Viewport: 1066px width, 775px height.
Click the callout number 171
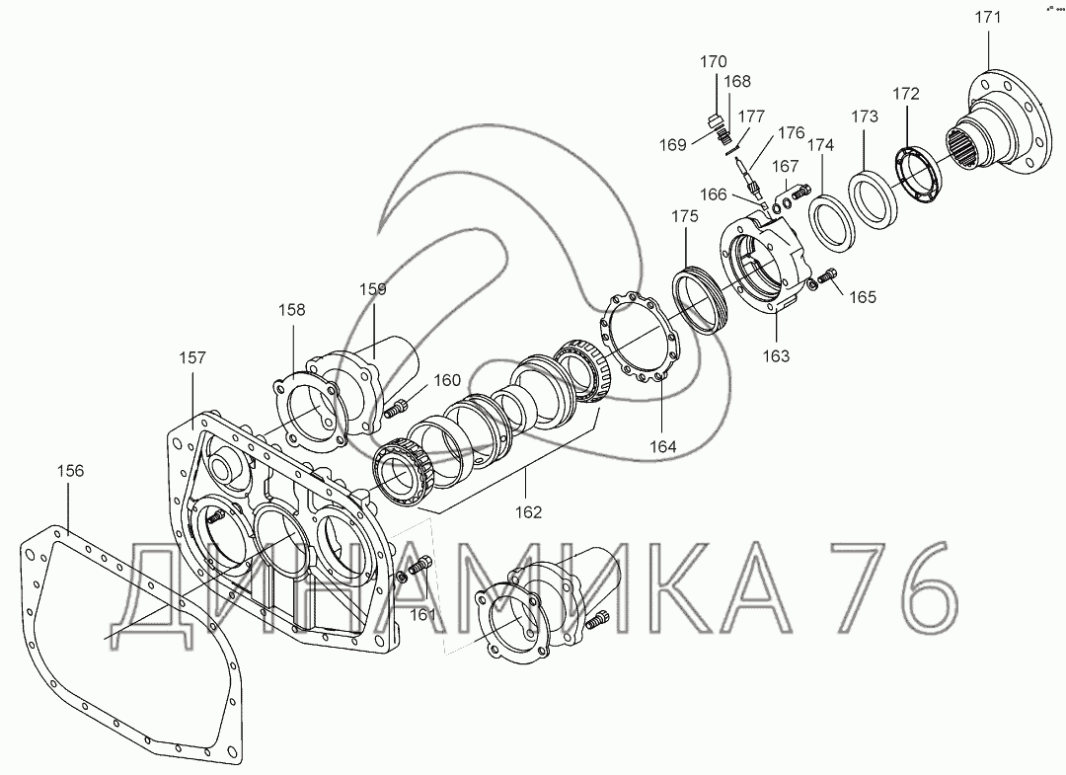(988, 18)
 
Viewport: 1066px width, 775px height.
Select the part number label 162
(530, 511)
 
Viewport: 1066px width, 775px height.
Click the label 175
(685, 216)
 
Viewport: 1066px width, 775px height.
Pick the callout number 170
(713, 61)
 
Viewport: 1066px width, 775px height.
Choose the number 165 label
(861, 296)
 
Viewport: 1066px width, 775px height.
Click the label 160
(447, 379)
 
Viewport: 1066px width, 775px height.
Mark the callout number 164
(662, 446)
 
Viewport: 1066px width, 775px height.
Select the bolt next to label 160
(399, 405)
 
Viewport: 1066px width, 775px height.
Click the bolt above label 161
(421, 567)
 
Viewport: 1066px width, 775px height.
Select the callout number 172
(905, 95)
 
